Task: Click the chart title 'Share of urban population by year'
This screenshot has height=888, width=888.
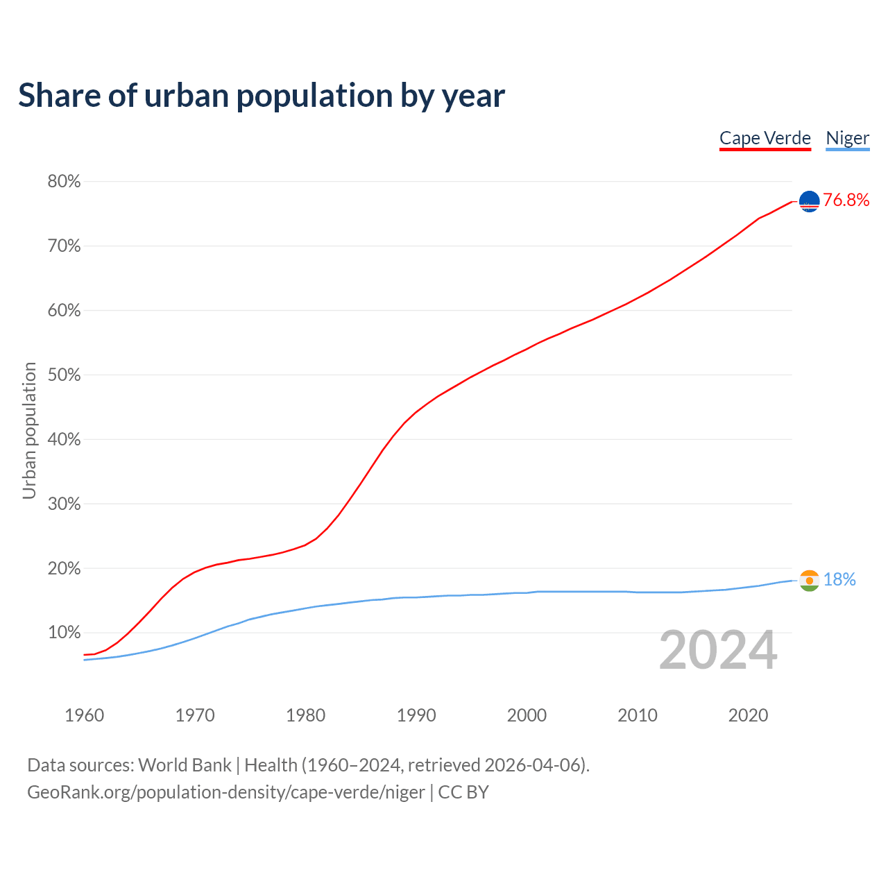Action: tap(262, 96)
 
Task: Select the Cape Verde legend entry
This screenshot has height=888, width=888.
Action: tap(765, 138)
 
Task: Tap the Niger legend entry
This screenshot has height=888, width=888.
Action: tap(847, 138)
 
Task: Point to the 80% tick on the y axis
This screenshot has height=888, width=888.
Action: tap(64, 182)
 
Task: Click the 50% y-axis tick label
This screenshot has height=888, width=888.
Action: tap(64, 375)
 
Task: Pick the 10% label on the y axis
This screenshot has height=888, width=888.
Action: tap(64, 633)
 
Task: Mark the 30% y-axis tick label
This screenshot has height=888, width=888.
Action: tap(64, 504)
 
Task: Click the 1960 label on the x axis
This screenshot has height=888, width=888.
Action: tap(84, 715)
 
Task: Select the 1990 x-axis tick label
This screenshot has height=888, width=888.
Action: tap(416, 715)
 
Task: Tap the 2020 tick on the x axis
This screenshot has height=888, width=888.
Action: tap(748, 715)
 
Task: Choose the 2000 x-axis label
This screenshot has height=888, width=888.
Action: tap(527, 715)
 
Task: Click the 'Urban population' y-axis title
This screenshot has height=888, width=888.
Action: tap(29, 430)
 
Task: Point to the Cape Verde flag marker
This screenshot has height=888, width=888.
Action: tap(810, 201)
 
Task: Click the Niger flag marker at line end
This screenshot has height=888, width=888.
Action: tap(810, 580)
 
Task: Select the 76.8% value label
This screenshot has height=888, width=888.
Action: tap(846, 200)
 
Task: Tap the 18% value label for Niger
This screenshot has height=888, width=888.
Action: tap(839, 580)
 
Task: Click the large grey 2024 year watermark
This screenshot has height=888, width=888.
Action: tap(718, 651)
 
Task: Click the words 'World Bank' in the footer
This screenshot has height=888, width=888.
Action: tap(185, 765)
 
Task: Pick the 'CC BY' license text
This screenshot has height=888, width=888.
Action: tap(463, 792)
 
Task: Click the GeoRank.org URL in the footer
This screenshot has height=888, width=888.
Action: tap(225, 792)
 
